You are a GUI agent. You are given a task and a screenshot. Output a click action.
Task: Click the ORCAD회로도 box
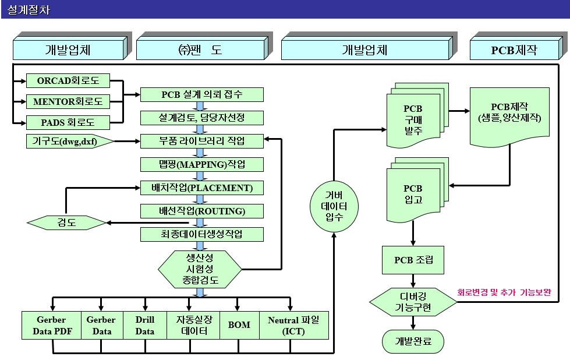[68, 80]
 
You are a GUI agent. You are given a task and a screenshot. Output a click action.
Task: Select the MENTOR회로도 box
[68, 101]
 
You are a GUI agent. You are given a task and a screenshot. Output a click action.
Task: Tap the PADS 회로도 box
[68, 122]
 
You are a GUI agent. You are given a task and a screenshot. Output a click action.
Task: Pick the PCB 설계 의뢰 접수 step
[201, 94]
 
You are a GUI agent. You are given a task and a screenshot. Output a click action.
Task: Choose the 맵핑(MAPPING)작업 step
[201, 164]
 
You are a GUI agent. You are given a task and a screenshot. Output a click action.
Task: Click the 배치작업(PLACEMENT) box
[201, 188]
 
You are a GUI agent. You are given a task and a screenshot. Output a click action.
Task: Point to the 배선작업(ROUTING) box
[201, 211]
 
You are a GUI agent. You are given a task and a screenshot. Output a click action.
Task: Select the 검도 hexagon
[66, 223]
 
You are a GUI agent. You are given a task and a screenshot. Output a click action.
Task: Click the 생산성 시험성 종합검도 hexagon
[200, 269]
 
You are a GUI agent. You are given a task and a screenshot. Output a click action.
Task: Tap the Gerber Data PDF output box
[51, 325]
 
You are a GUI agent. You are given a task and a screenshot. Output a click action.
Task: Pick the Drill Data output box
[144, 325]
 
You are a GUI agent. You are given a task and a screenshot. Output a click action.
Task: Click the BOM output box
[239, 326]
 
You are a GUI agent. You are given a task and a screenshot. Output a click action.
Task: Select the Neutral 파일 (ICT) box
[293, 325]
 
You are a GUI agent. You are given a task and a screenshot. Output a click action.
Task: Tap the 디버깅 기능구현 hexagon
[413, 302]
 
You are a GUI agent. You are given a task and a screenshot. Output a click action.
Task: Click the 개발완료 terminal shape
[413, 341]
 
